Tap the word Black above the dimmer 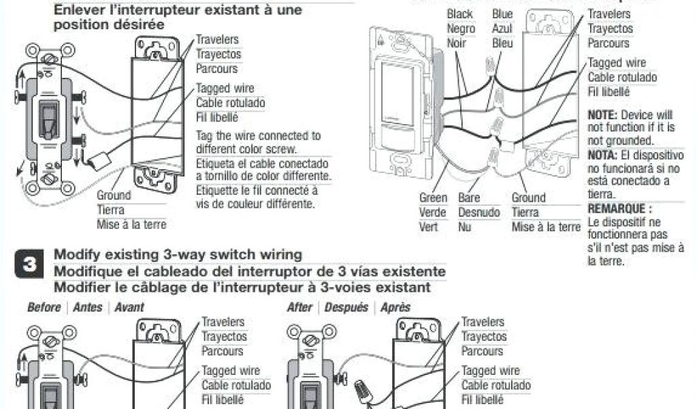click(460, 14)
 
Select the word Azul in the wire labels click(502, 29)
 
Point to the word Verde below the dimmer click(433, 212)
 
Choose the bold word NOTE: click(602, 115)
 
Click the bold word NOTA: click(602, 154)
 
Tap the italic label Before click(44, 307)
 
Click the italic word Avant click(129, 307)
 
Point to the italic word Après click(395, 307)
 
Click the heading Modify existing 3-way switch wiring click(178, 255)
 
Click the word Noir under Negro click(456, 43)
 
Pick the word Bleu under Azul click(502, 43)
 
